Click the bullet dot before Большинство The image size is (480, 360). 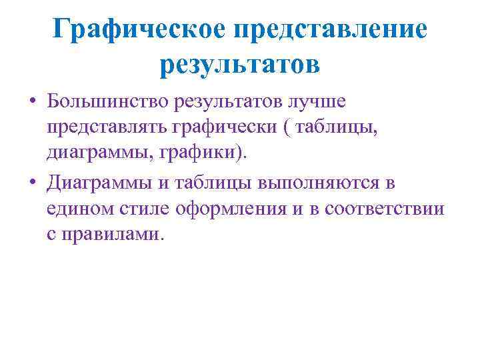point(33,102)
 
